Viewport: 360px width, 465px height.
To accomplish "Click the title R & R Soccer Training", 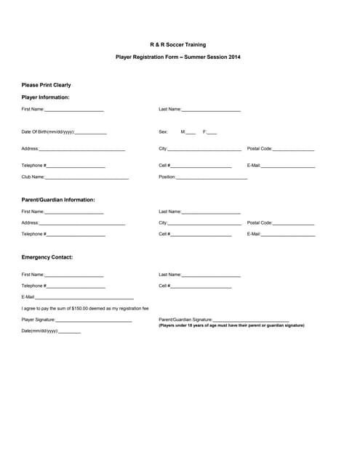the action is click(x=177, y=45).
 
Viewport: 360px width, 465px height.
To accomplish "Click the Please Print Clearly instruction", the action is click(x=46, y=85).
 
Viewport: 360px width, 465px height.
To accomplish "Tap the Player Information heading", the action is click(x=45, y=97).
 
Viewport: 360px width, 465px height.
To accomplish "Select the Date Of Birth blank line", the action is click(x=90, y=133).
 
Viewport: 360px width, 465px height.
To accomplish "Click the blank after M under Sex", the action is click(x=191, y=133).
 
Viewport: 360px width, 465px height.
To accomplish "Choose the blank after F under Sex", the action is click(x=212, y=133).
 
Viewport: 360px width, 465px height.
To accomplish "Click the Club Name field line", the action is click(x=87, y=178).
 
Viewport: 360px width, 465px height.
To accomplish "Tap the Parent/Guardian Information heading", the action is click(x=58, y=200).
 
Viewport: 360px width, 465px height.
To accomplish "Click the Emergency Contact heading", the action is click(x=47, y=257).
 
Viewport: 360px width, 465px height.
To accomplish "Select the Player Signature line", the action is click(x=94, y=320).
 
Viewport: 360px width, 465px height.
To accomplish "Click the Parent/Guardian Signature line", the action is click(x=251, y=320).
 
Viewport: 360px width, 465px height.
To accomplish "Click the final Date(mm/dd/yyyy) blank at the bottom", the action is click(x=69, y=332).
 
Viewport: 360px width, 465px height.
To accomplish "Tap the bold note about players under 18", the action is click(x=231, y=325).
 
